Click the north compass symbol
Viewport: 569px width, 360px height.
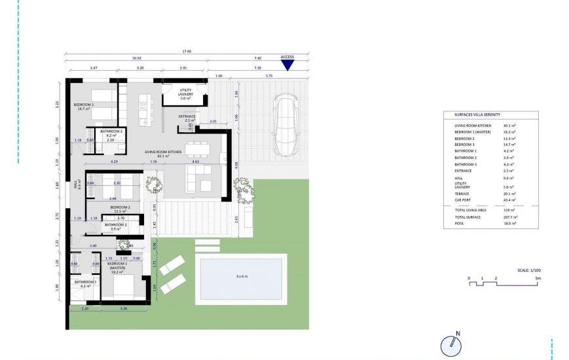[451, 346]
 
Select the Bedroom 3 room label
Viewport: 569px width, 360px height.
[84, 107]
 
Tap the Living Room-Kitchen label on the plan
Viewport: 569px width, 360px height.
[157, 154]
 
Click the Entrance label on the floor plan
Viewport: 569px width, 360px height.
[187, 118]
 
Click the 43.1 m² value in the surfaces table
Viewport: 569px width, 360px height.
[509, 125]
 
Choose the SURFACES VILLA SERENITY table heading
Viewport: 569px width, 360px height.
[477, 115]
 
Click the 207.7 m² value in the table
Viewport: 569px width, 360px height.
[511, 217]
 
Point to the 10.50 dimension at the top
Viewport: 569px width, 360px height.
[136, 58]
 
